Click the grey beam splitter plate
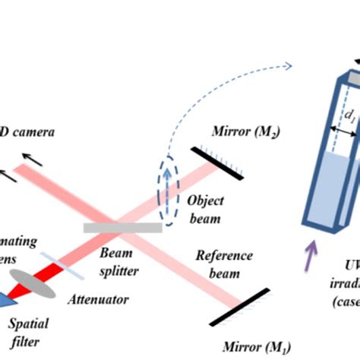122,227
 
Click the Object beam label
204,210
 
